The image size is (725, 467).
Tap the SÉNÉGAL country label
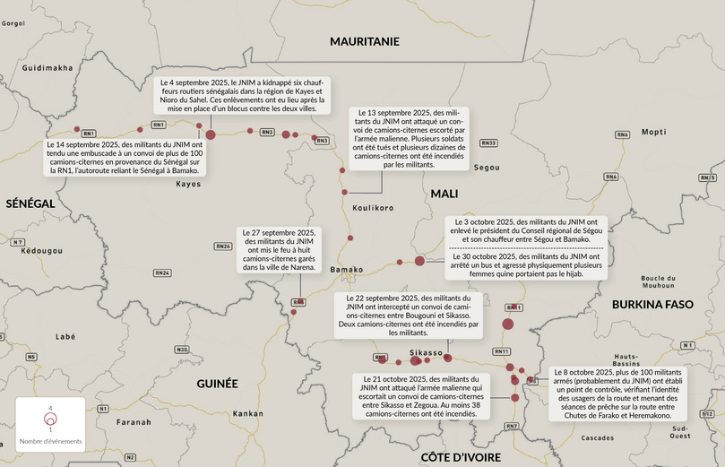(x=30, y=203)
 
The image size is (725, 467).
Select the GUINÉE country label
(x=217, y=383)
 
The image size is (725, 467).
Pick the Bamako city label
(x=347, y=269)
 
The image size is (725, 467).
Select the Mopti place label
(x=654, y=131)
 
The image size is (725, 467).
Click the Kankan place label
(x=248, y=414)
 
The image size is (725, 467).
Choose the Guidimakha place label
(x=47, y=67)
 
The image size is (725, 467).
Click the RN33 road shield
(x=488, y=143)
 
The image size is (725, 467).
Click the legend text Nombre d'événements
(x=50, y=442)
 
